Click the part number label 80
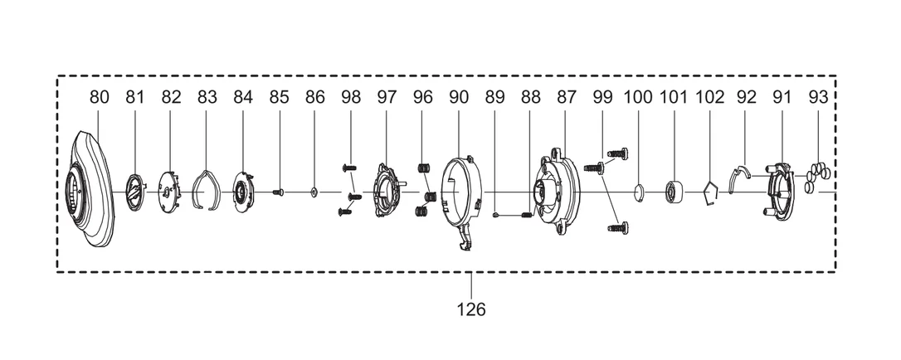coord(99,97)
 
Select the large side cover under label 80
coord(92,189)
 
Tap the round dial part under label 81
coord(134,192)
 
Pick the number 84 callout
coord(243,97)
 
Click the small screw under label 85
coord(278,192)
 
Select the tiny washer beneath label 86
coord(314,192)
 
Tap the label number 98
coord(350,97)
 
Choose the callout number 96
coord(423,97)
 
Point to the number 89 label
coord(494,97)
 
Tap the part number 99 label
coord(603,97)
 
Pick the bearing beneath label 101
coord(673,192)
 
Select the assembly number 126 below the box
coord(471,309)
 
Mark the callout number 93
coord(818,97)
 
